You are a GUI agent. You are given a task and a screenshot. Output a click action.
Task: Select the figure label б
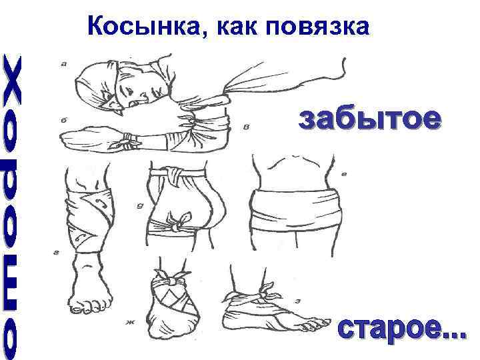63,121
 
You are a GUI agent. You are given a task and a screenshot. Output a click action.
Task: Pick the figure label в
247,128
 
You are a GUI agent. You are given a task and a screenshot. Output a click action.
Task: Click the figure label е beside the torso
344,175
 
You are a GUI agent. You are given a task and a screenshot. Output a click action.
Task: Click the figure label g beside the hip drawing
139,205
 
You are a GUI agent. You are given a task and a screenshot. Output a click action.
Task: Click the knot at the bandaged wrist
125,141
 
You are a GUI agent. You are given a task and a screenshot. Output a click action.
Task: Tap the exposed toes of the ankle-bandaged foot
313,325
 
